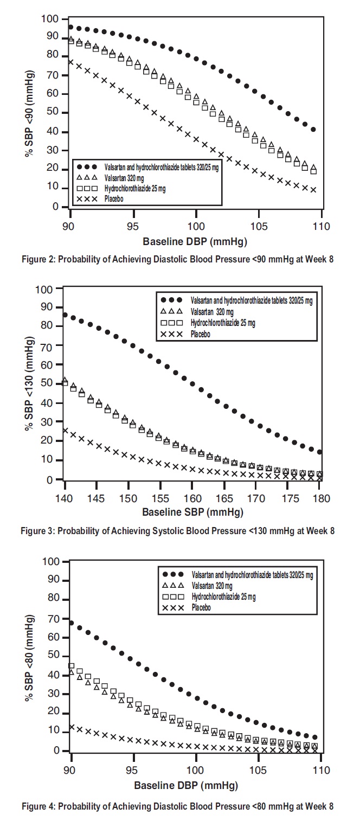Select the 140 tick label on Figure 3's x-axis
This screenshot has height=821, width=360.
[x=65, y=498]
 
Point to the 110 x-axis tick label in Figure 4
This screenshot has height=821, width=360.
[x=322, y=769]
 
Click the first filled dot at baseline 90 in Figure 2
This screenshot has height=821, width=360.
[x=70, y=27]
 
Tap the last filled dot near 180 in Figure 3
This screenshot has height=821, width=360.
[x=320, y=452]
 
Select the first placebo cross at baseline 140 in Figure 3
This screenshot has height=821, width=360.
[x=65, y=431]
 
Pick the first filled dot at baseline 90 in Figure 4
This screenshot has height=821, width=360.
[x=71, y=623]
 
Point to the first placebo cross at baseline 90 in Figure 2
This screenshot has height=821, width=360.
[x=70, y=62]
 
